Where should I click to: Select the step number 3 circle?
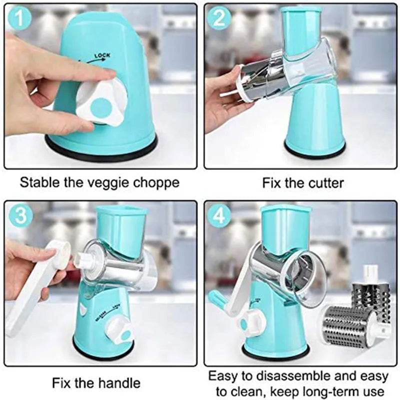(20, 215)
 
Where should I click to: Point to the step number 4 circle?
(219, 215)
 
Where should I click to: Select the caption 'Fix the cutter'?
(303, 183)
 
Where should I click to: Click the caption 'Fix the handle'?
(96, 383)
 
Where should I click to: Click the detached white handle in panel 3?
(35, 285)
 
